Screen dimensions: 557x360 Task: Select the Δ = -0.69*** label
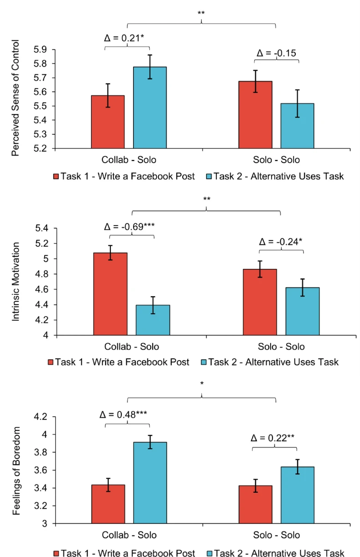pyautogui.click(x=132, y=227)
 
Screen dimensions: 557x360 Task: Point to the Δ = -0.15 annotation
pyautogui.click(x=276, y=53)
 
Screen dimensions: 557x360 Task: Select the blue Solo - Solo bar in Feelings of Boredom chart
pyautogui.click(x=297, y=495)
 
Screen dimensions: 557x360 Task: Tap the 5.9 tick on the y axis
pyautogui.click(x=42, y=49)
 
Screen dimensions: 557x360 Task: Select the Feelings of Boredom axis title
pyautogui.click(x=16, y=471)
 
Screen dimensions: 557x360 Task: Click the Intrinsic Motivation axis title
pyautogui.click(x=16, y=282)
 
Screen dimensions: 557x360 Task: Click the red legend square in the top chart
pyautogui.click(x=56, y=176)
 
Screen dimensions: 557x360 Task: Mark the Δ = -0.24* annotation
pyautogui.click(x=280, y=242)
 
